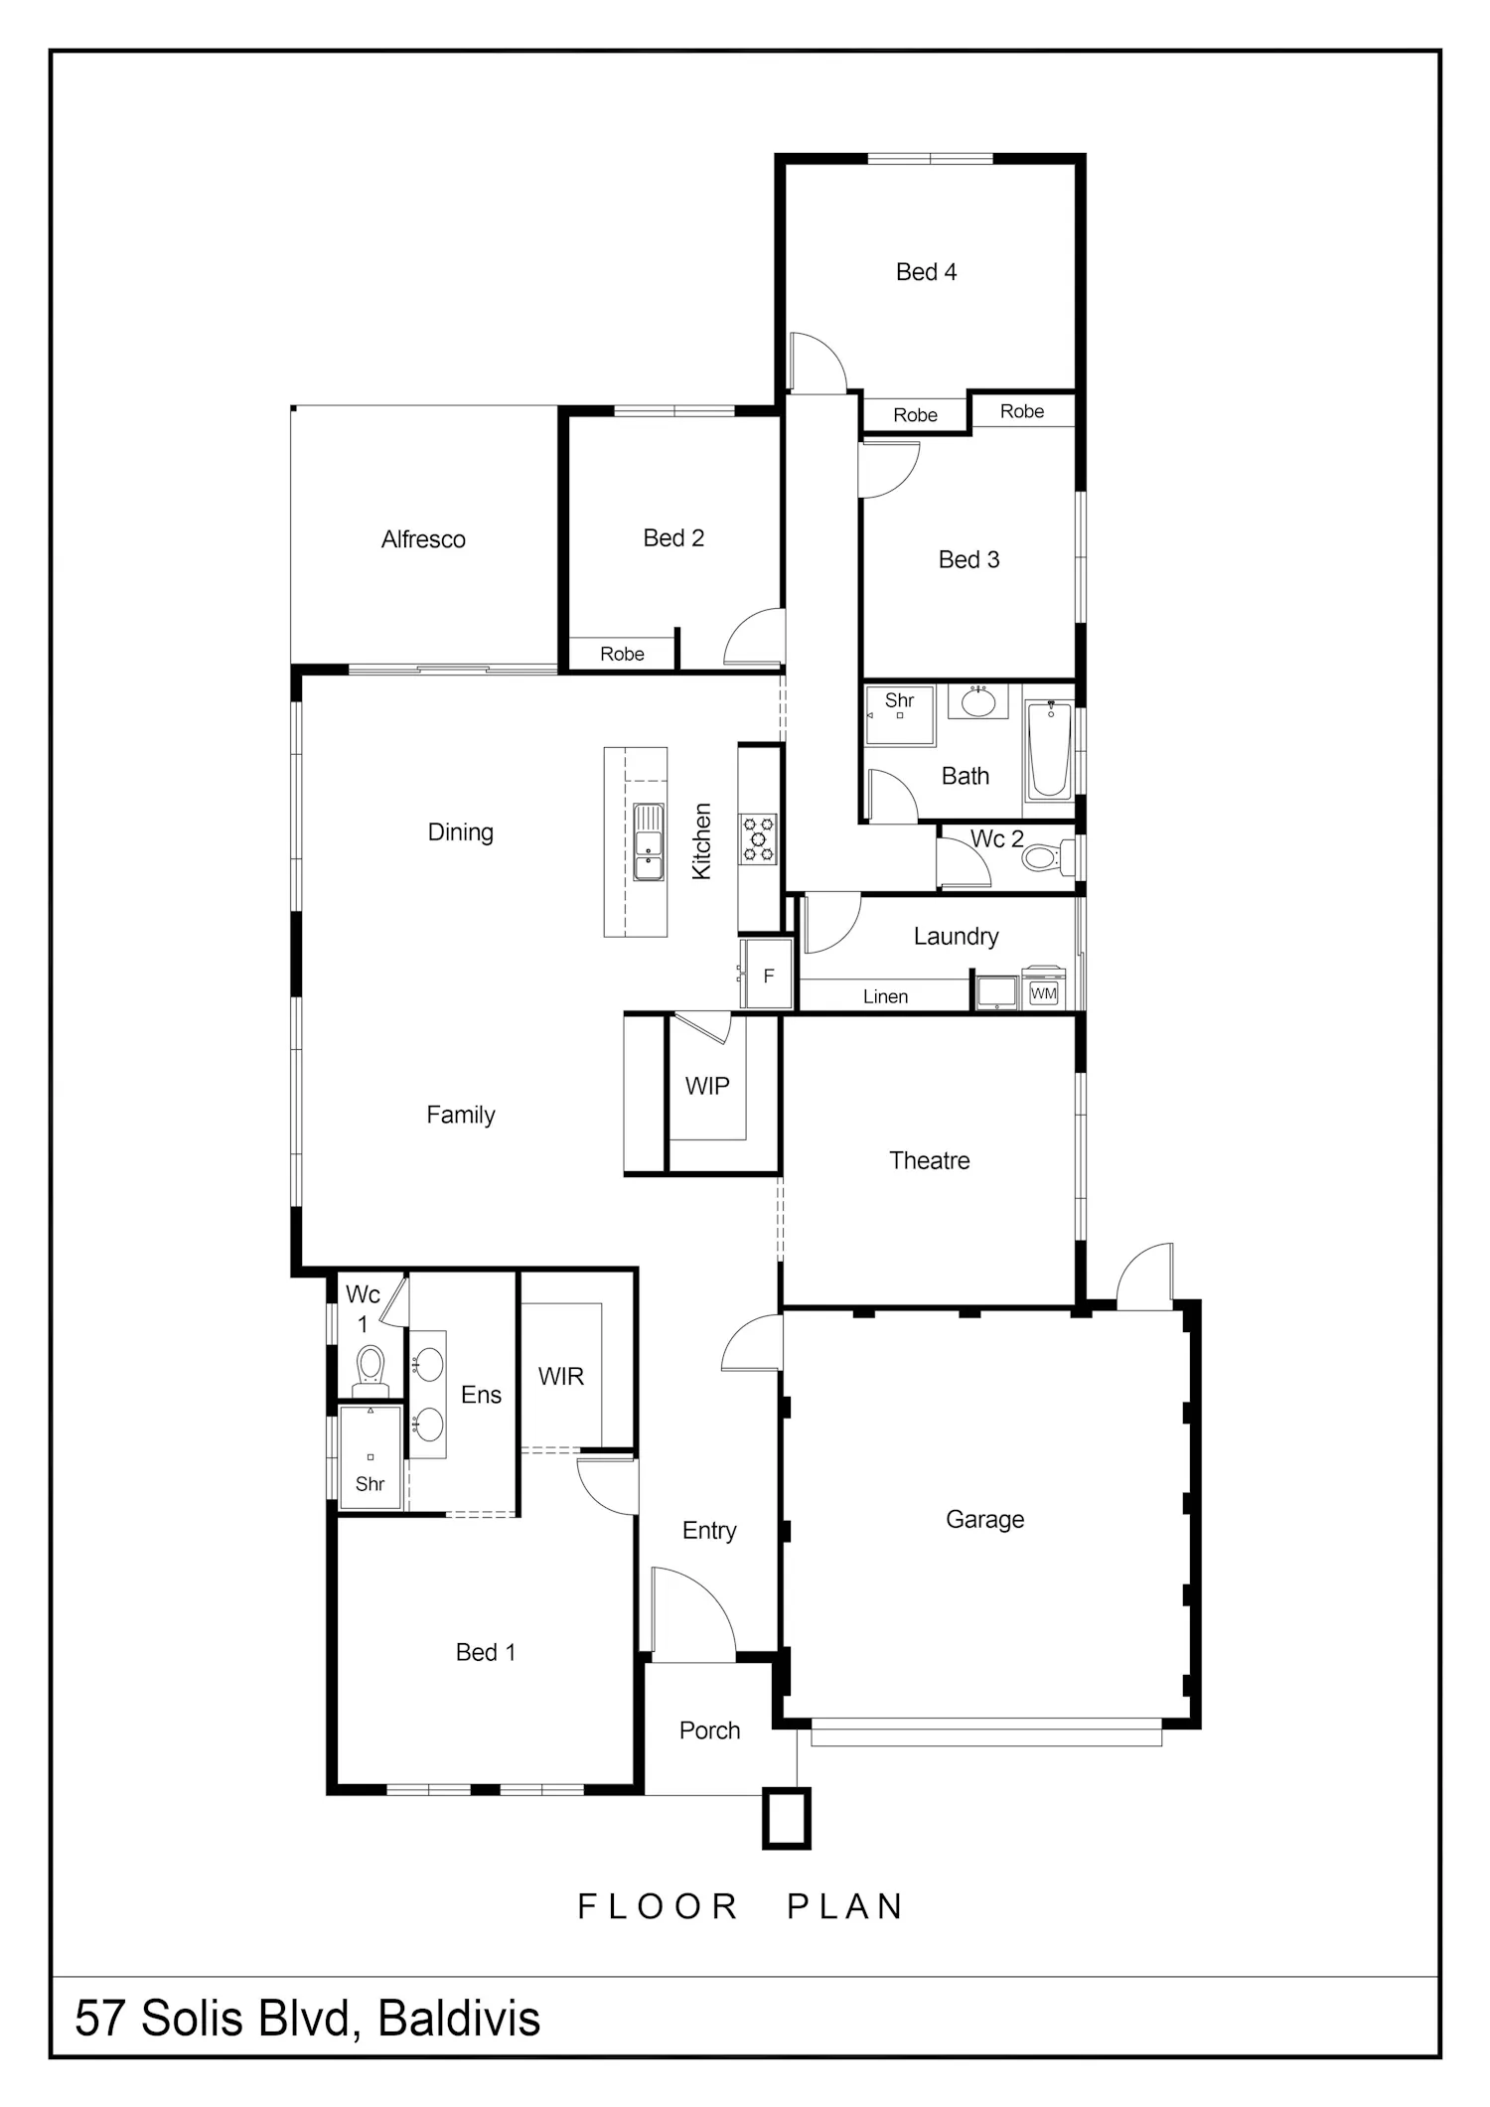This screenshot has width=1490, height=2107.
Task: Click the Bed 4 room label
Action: click(926, 272)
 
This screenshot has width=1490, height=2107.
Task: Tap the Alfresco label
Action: click(423, 539)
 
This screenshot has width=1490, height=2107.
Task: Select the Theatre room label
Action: click(930, 1160)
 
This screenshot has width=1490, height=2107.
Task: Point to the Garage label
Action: click(984, 1520)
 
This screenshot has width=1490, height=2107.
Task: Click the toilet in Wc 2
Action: click(1047, 857)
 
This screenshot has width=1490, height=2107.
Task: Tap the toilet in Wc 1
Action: click(371, 1365)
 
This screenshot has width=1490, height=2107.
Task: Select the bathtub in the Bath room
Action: click(1049, 750)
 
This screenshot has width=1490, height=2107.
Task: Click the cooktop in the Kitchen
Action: click(758, 838)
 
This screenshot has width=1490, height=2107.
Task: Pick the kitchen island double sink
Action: click(649, 842)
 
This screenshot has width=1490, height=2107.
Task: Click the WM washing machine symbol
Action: click(1044, 991)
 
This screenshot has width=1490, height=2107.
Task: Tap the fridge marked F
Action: click(768, 976)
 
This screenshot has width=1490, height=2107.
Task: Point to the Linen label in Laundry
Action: click(885, 996)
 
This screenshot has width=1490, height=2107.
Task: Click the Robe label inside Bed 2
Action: click(622, 654)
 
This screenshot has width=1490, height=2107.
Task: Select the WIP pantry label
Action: click(707, 1087)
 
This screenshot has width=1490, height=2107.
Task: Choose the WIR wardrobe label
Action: click(561, 1377)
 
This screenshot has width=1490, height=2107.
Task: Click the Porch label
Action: click(710, 1731)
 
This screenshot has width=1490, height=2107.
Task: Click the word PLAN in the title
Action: click(845, 1906)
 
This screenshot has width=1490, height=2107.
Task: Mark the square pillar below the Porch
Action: click(787, 1818)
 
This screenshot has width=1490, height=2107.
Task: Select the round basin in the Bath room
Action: click(978, 701)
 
